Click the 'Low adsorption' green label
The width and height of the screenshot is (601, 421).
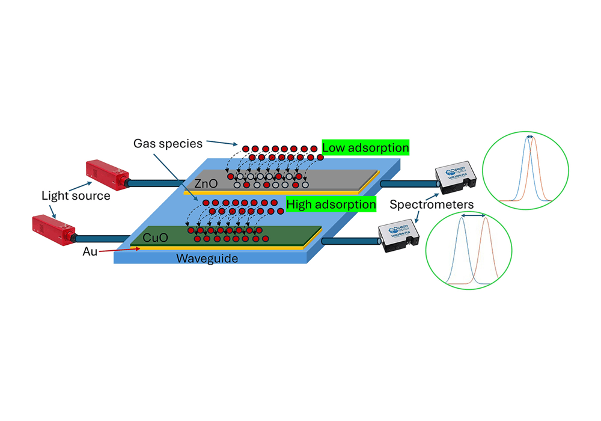click(x=365, y=147)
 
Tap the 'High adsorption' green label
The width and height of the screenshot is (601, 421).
click(x=331, y=204)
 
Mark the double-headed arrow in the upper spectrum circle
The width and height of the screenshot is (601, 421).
click(x=529, y=137)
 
